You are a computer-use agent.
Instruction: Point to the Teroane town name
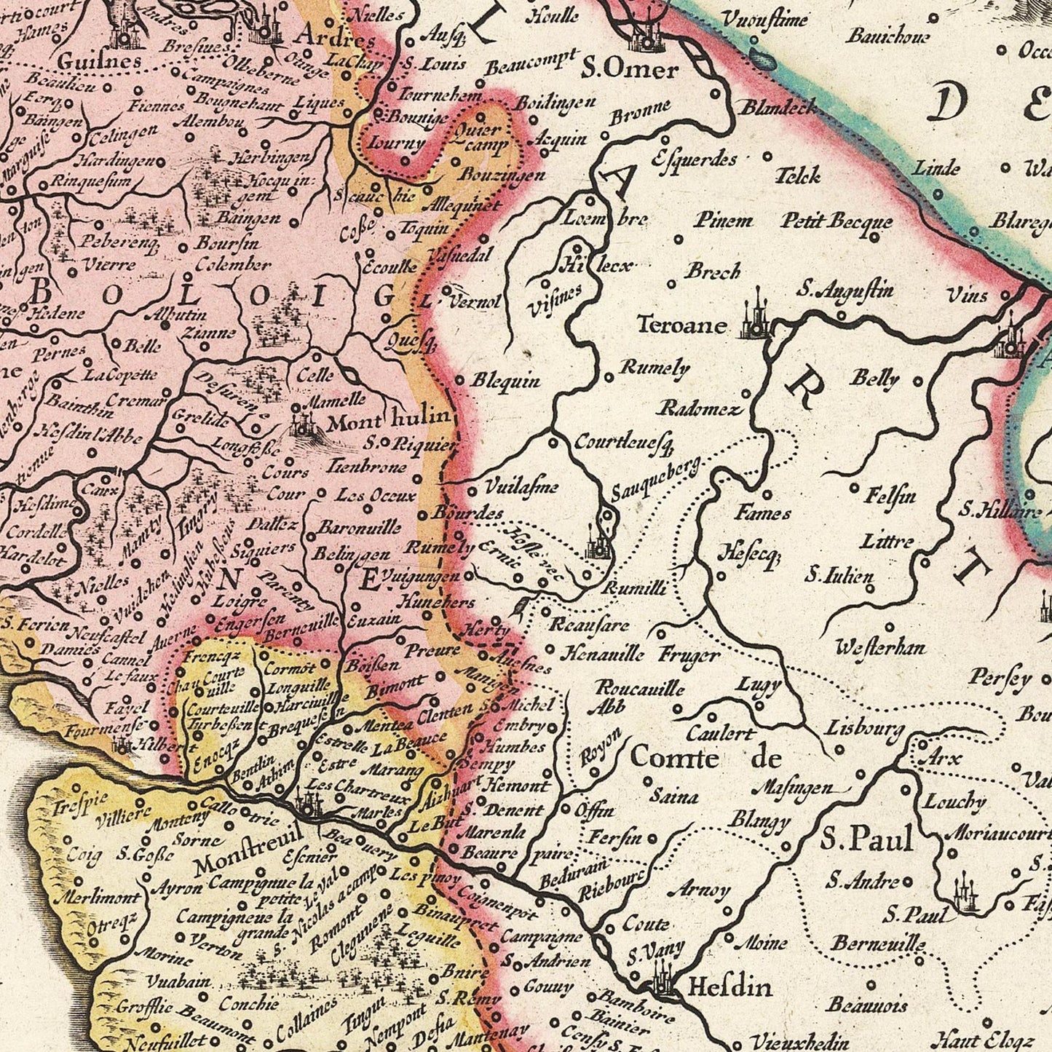[x=681, y=325]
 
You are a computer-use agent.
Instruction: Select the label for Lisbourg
[x=865, y=729]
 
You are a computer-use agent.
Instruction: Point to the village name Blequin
[x=506, y=380]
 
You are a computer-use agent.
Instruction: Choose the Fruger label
[x=689, y=654]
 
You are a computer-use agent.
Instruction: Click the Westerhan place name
[x=880, y=646]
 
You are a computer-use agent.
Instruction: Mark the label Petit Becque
[x=837, y=221]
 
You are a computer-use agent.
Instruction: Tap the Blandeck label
[x=778, y=108]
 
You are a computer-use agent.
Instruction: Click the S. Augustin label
[x=845, y=290]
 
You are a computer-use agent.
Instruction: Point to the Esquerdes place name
[x=695, y=159]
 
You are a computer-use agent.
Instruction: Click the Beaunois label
[x=867, y=1005]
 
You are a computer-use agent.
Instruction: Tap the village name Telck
[x=798, y=175]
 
